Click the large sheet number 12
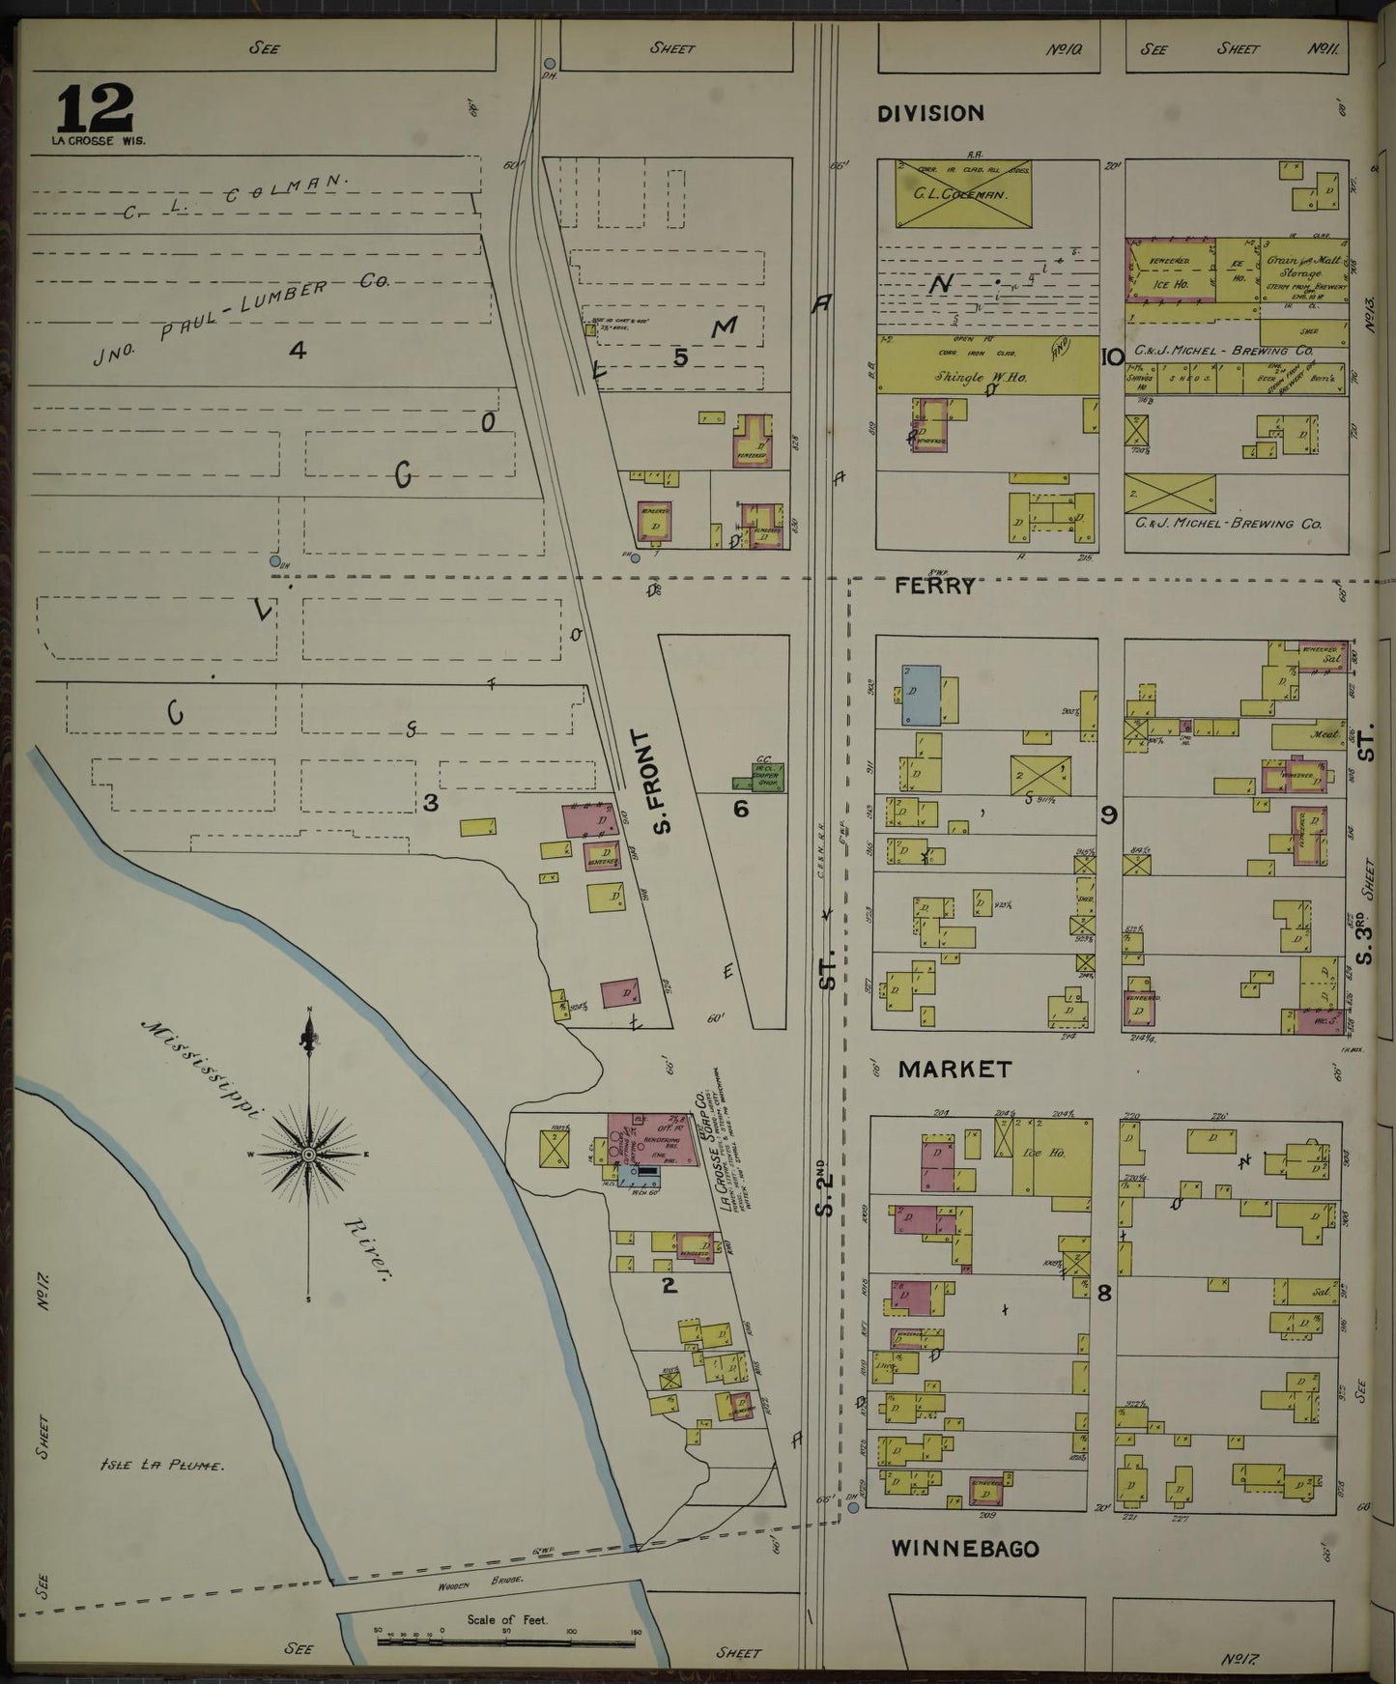[95, 108]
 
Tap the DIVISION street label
[930, 113]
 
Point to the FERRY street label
[933, 585]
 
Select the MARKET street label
[954, 1069]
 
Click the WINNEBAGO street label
[964, 1549]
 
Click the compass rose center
[308, 1154]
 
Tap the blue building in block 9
[920, 695]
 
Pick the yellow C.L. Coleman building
[962, 194]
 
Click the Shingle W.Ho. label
[975, 378]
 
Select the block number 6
[740, 808]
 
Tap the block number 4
[298, 350]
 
